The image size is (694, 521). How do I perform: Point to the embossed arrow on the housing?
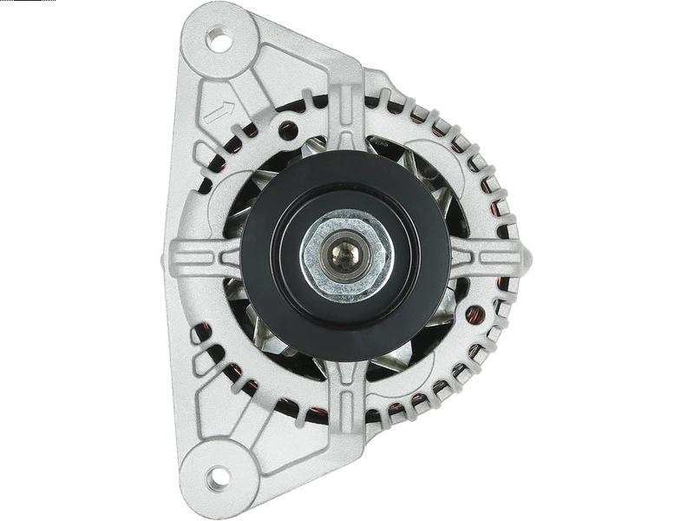pyautogui.click(x=219, y=111)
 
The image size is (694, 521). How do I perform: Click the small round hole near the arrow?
pyautogui.click(x=291, y=132)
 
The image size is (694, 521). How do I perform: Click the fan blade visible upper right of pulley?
pyautogui.click(x=434, y=187)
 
